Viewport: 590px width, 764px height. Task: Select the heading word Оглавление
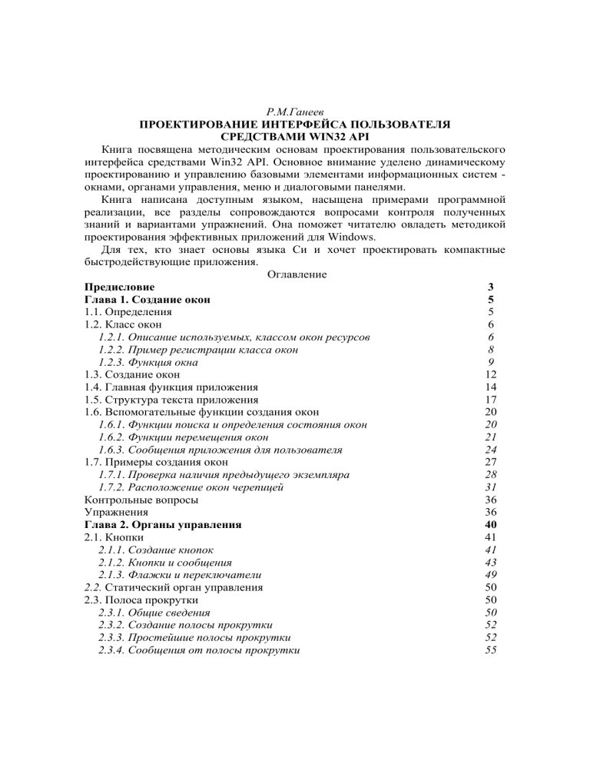pyautogui.click(x=294, y=274)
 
